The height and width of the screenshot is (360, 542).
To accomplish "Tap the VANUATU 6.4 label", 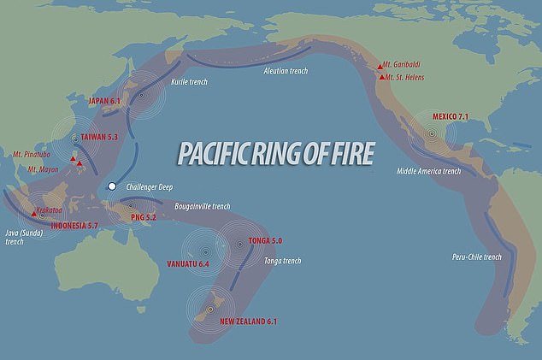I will pos(188,265).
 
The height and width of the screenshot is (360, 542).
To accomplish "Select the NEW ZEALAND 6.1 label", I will pos(248,322).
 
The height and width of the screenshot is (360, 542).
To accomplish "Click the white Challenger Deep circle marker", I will pos(111,186).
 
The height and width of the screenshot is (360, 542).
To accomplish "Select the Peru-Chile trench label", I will pos(477,256).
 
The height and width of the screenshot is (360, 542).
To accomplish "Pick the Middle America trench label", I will pos(428,171).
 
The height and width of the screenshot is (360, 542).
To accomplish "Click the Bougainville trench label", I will pos(200,206).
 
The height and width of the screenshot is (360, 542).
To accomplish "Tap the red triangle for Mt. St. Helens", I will pos(381,78).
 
